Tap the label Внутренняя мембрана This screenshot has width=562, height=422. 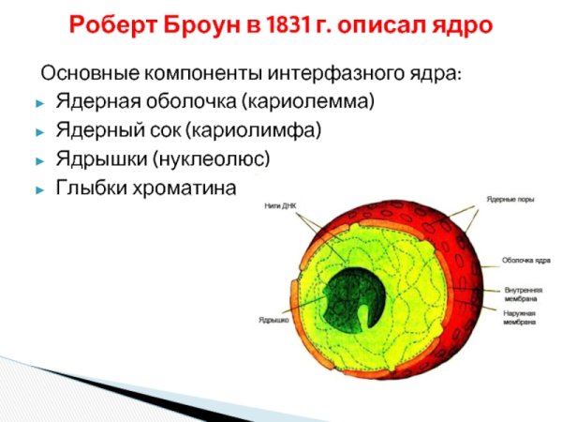(523, 294)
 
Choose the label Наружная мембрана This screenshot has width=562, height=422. (520, 316)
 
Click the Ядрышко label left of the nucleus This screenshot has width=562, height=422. (273, 320)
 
